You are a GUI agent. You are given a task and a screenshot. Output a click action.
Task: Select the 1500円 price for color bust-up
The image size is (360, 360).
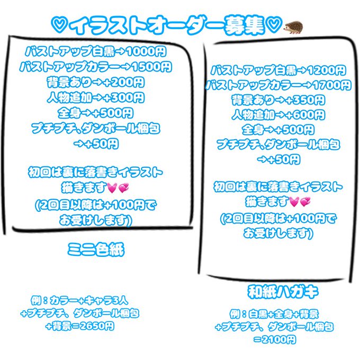pyautogui.click(x=151, y=67)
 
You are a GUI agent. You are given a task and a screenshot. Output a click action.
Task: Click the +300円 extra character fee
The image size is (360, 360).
pyautogui.click(x=125, y=98)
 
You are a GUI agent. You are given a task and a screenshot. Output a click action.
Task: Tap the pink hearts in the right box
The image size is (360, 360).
pyautogui.click(x=300, y=202)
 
